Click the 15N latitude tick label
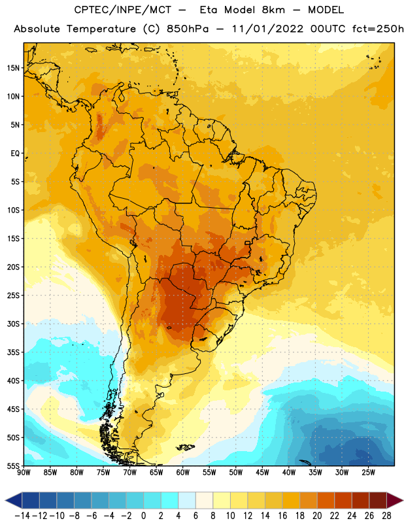(13, 68)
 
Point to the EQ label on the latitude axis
(15, 154)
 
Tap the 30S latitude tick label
(13, 324)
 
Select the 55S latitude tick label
(13, 466)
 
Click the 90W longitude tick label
(24, 473)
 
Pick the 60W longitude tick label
(183, 473)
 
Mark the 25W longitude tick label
(368, 473)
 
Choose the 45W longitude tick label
(262, 473)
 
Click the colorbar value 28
(386, 516)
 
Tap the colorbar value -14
(22, 516)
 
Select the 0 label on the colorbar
(143, 516)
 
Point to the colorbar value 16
(282, 516)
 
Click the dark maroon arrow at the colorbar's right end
(394, 500)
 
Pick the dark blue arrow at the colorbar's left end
(14, 500)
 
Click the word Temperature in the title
(101, 29)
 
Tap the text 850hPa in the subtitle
(188, 29)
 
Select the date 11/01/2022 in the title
(268, 29)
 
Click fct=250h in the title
(378, 29)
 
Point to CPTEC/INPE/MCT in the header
(123, 10)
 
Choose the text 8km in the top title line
(273, 10)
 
